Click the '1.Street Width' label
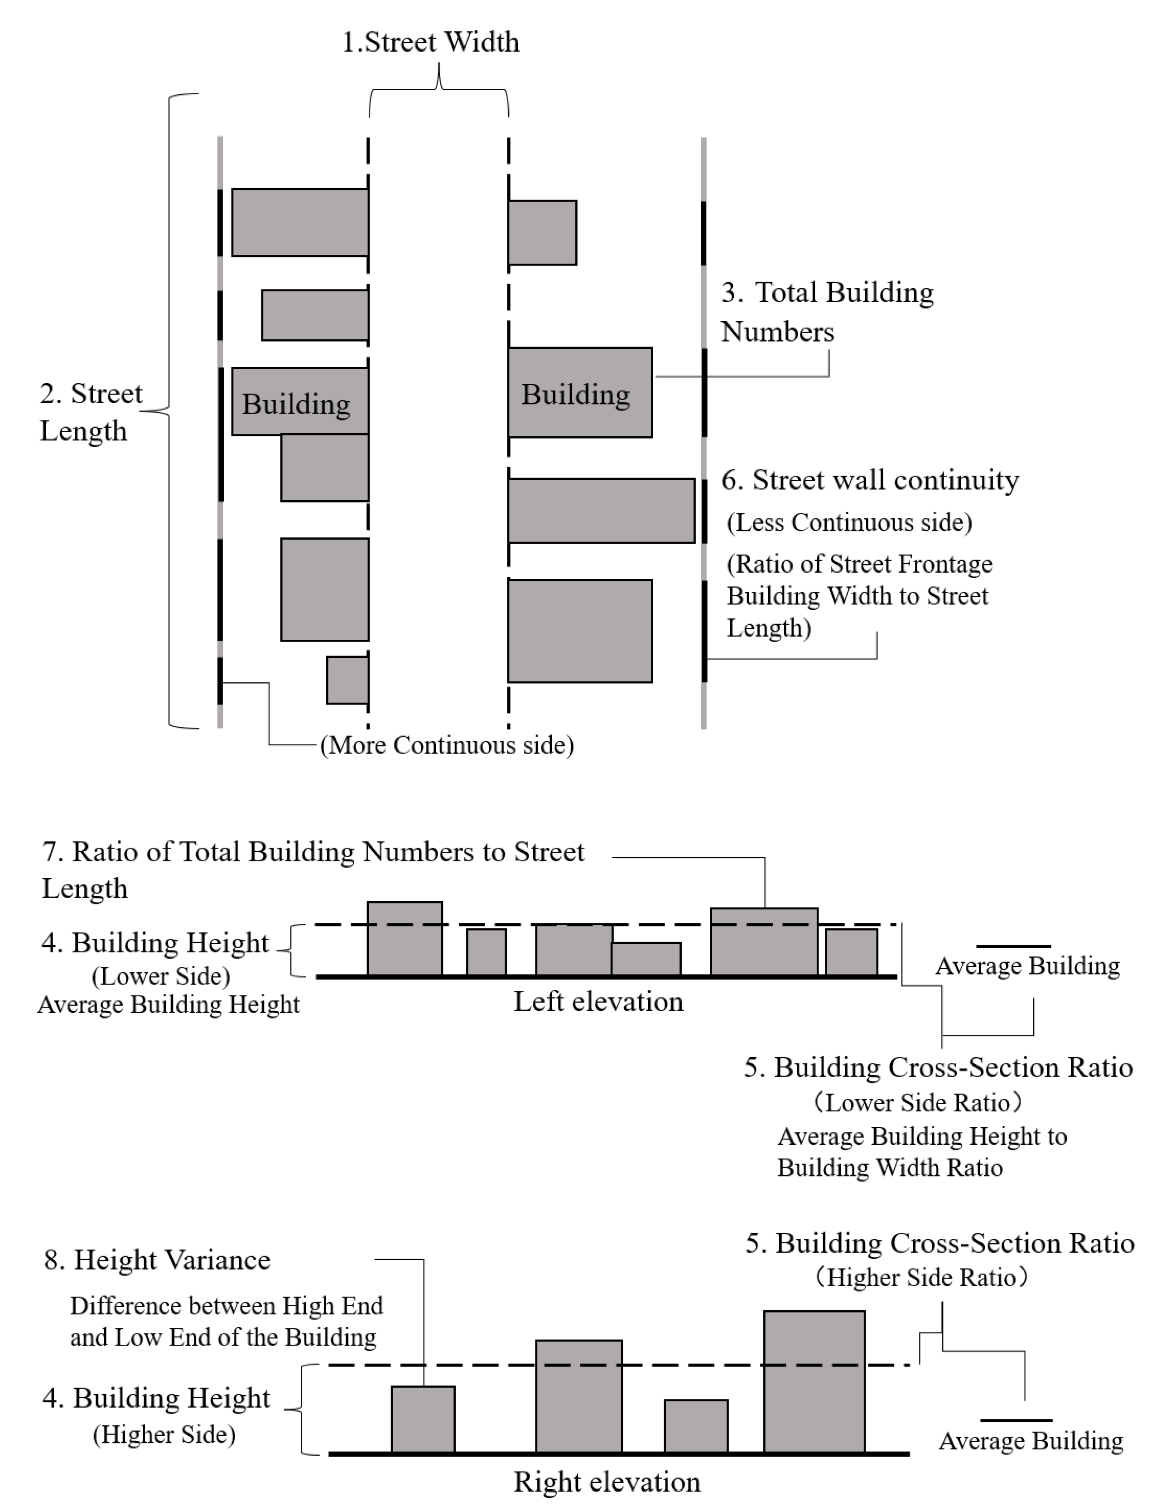pyautogui.click(x=431, y=43)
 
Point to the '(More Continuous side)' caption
pyautogui.click(x=447, y=745)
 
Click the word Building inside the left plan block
pyautogui.click(x=296, y=404)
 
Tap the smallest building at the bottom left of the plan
pyautogui.click(x=347, y=680)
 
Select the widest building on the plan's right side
pyautogui.click(x=601, y=511)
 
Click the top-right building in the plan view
pyautogui.click(x=542, y=232)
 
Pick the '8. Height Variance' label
pyautogui.click(x=158, y=1260)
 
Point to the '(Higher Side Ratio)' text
pyautogui.click(x=920, y=1277)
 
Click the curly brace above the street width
pyautogui.click(x=439, y=89)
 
